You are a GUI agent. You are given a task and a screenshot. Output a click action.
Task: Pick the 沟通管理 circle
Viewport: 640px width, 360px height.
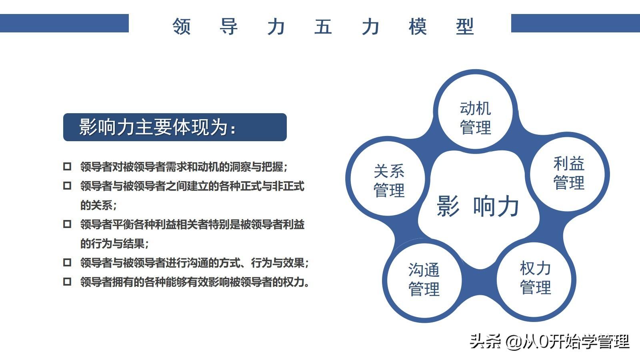tap(424, 280)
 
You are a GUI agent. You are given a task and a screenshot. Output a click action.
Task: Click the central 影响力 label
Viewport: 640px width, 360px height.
tap(478, 206)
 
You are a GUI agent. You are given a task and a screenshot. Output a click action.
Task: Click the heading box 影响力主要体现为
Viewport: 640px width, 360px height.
tap(175, 127)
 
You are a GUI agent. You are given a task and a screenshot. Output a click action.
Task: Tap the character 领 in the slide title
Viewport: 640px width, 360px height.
tap(182, 26)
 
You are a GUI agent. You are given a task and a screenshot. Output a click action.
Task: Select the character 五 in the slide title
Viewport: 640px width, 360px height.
tap(323, 26)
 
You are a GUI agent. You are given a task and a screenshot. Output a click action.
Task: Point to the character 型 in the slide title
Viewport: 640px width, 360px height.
tap(465, 26)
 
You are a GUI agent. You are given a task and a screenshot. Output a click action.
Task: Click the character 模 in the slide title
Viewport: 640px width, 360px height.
tap(418, 26)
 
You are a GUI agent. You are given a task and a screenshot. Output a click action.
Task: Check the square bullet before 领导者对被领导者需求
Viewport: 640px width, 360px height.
tap(67, 166)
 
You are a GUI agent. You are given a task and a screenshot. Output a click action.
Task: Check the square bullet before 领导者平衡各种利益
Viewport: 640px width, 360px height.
tap(67, 224)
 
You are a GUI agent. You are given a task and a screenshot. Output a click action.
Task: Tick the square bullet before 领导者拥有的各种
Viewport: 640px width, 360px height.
tap(67, 282)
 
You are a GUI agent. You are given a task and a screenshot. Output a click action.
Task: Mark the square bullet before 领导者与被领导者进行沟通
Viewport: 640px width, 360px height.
tap(67, 262)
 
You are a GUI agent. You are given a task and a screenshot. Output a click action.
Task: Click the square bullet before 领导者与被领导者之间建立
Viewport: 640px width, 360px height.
tap(67, 186)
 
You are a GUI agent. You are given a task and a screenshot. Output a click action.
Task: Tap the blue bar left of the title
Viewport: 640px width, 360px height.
tap(64, 23)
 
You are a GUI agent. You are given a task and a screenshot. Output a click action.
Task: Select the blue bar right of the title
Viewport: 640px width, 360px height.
tap(576, 23)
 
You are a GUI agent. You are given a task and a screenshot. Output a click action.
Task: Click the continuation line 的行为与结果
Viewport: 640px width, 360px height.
tap(114, 244)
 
